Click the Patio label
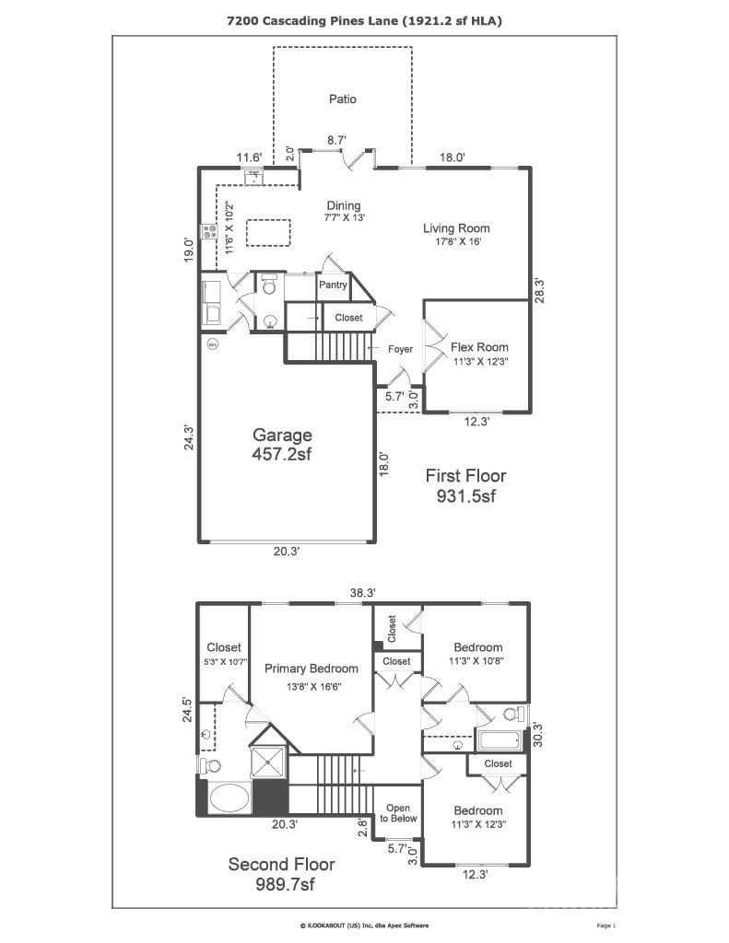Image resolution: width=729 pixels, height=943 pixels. click(342, 99)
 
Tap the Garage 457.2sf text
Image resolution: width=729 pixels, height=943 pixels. click(283, 444)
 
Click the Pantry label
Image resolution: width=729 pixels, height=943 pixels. click(333, 285)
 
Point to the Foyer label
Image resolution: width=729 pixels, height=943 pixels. click(400, 349)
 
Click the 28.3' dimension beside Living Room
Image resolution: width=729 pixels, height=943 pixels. click(541, 290)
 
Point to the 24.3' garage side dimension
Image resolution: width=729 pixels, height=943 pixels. click(189, 437)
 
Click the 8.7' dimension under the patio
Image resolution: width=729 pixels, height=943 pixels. click(337, 140)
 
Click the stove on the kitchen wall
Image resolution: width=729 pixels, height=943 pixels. click(209, 230)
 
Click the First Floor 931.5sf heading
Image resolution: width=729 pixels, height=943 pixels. click(464, 485)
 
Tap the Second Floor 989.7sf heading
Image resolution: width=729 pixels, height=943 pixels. click(281, 874)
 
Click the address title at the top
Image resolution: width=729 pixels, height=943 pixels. click(364, 19)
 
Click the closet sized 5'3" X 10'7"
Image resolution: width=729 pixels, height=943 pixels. click(223, 653)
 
